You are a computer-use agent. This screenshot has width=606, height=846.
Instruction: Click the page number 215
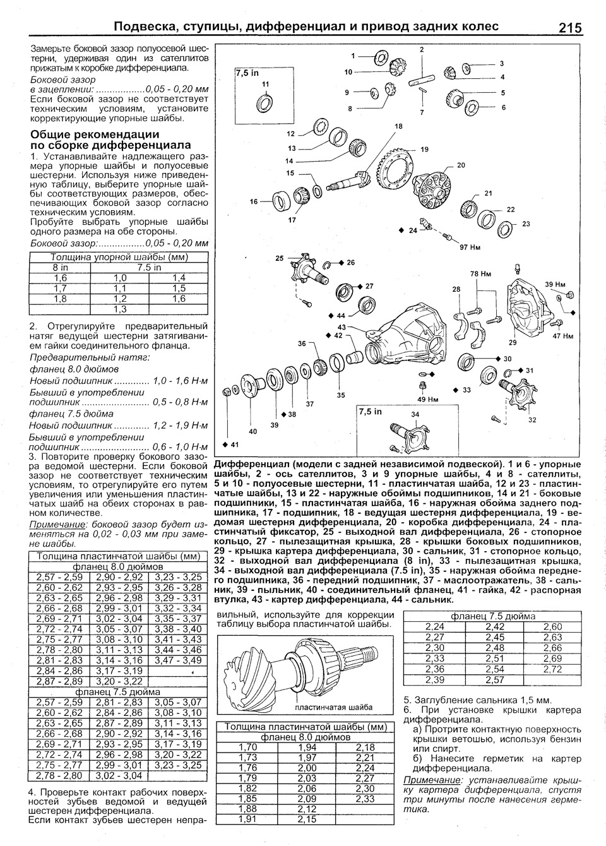pos(569,28)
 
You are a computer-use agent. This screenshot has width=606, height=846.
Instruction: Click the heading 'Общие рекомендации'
pos(95,134)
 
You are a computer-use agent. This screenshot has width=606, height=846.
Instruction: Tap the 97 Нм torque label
pos(470,247)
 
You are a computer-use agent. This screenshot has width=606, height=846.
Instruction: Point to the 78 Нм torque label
pos(481,274)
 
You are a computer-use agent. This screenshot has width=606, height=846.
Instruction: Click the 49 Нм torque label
pos(428,399)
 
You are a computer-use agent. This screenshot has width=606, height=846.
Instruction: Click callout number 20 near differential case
pos(461,165)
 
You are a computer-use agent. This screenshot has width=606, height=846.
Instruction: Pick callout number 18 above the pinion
pos(398,127)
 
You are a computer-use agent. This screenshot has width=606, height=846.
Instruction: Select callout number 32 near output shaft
pos(532,419)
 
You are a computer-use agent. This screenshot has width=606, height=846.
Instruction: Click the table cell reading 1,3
pos(120,309)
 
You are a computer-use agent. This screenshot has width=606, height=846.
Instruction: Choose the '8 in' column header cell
pos(61,267)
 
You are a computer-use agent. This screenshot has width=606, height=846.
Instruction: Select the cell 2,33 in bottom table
pos(365,799)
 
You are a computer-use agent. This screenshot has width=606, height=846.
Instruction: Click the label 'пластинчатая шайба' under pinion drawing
pos(333,707)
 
